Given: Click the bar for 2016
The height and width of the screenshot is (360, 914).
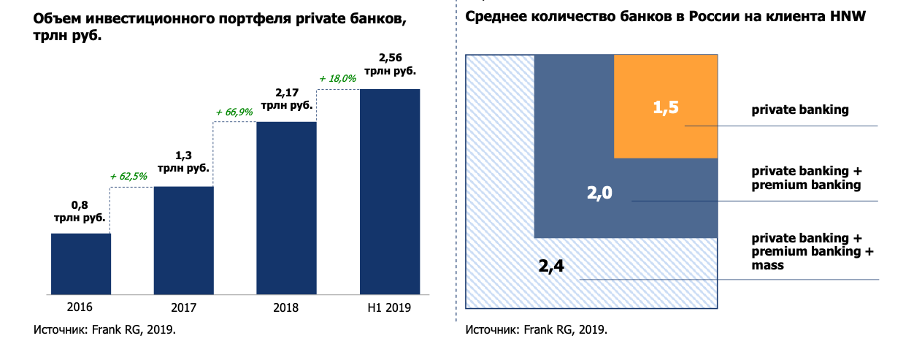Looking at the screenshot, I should (x=80, y=264).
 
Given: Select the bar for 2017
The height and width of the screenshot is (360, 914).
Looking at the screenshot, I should (x=183, y=240).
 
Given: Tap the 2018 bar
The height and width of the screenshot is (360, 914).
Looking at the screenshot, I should (x=286, y=208).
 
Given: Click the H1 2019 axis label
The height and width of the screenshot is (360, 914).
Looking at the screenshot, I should (x=390, y=307).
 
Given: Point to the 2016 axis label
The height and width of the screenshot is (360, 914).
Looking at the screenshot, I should (x=80, y=307).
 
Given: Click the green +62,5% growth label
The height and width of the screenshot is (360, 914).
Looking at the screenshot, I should (x=128, y=176).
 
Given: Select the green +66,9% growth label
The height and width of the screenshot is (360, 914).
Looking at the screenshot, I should (x=234, y=112).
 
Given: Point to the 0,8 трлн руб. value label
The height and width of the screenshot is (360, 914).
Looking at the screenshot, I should (x=80, y=211).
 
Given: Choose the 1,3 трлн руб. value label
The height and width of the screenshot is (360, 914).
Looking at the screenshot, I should (x=183, y=161).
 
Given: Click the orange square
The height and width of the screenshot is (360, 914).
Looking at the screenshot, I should (x=665, y=107).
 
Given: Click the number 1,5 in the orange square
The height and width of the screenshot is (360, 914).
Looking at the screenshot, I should (x=665, y=108).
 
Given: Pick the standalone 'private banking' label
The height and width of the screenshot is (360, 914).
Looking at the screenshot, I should (x=800, y=110).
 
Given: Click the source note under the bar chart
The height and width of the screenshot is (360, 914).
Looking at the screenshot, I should (x=105, y=329).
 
